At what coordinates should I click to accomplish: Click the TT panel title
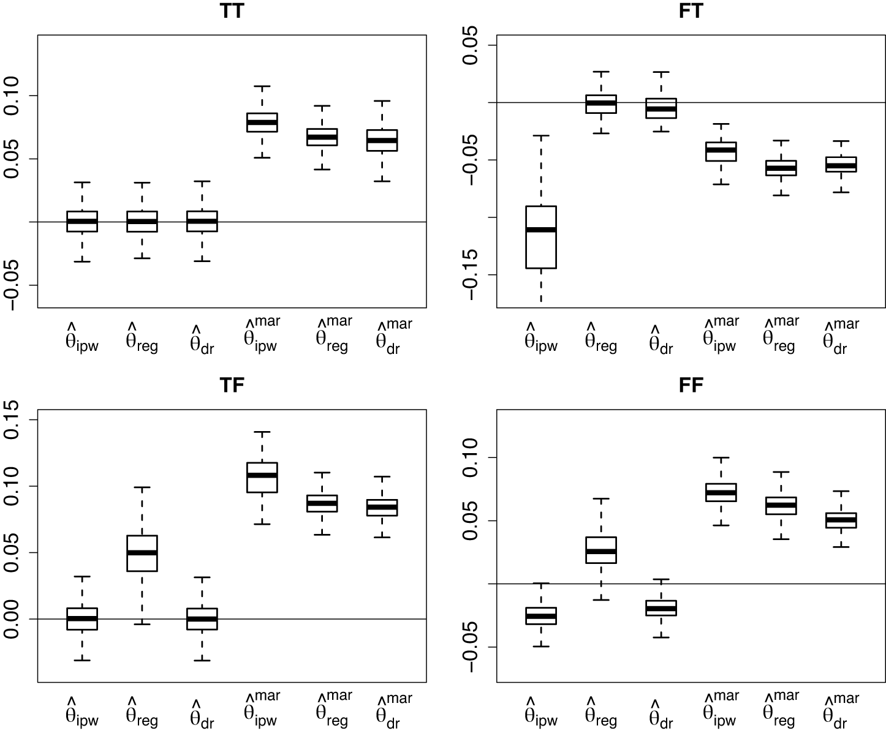pos(232,12)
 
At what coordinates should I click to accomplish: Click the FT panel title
pos(691,12)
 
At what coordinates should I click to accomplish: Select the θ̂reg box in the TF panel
pos(142,553)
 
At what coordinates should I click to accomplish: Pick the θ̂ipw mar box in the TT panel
pos(262,122)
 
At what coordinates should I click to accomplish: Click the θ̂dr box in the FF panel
pos(661,608)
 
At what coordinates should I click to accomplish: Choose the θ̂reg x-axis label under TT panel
pos(142,338)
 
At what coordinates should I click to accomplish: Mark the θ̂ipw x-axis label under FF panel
pos(541,712)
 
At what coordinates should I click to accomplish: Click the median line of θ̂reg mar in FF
pos(781,505)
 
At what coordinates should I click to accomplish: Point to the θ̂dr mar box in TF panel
pos(382,508)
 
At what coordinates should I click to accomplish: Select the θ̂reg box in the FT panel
pos(601,104)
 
